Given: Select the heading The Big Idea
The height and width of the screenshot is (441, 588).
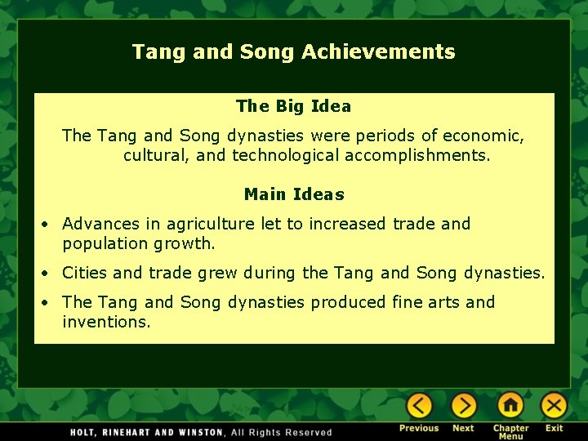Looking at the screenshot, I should (x=293, y=106).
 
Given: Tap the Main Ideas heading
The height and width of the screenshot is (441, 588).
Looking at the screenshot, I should (x=294, y=194).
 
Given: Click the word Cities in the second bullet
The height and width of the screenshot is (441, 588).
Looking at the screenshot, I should (x=84, y=273).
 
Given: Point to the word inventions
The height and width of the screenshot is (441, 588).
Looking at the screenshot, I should (x=106, y=322).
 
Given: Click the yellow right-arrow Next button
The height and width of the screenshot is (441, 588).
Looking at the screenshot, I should (x=463, y=406).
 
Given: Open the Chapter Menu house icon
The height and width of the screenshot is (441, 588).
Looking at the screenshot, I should (x=510, y=406).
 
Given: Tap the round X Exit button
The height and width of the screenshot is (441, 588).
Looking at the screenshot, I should (x=555, y=406).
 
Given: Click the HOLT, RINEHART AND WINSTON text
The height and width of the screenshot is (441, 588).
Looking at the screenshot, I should (x=147, y=432).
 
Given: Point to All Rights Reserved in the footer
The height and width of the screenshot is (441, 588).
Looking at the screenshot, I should (x=282, y=432).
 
